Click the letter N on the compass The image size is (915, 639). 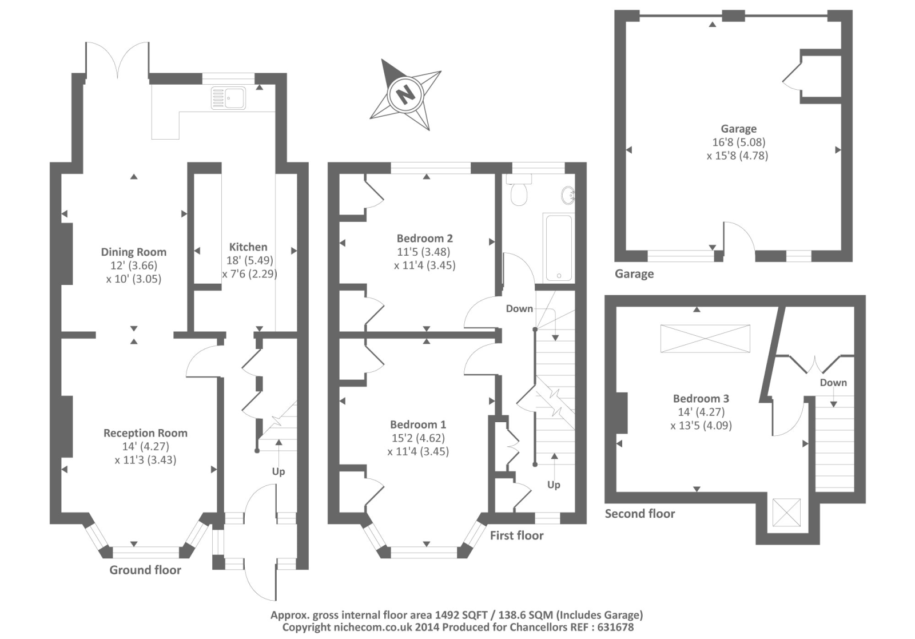point(405,93)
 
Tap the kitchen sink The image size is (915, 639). point(228,98)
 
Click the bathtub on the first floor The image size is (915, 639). point(558,248)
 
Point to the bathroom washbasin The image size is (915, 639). point(568,196)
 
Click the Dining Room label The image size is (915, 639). point(134,252)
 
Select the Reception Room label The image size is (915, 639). point(145,433)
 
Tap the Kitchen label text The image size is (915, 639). point(248,247)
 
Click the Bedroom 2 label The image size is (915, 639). point(425,238)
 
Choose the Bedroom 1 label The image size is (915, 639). point(418,424)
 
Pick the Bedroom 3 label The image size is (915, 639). point(701,398)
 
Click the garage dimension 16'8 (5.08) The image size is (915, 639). point(738,142)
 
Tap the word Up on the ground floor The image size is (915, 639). point(279,471)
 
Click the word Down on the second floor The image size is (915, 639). point(833,383)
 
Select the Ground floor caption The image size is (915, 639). point(145,570)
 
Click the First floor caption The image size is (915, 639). point(516,535)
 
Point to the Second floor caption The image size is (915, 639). point(640,514)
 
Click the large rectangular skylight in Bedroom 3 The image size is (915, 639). point(705,339)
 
